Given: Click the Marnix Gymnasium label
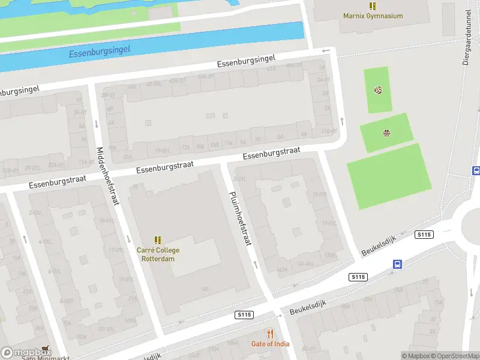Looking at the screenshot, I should tap(373, 16).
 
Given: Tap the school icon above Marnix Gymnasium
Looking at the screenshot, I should tap(373, 6).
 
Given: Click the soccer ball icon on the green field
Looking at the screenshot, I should tap(378, 91).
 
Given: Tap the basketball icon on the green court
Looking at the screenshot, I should tap(386, 133).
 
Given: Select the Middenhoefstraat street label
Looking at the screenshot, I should tap(107, 176).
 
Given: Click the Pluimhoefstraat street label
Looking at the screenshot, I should tap(240, 218).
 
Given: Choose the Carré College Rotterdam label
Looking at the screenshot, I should tap(158, 254).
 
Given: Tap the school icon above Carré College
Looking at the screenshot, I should tap(158, 240).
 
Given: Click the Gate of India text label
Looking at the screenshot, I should tap(270, 344).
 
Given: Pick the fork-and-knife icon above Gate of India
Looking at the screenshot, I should tap(270, 333).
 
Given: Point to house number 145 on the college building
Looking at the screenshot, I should tap(205, 289).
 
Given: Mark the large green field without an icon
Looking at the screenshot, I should tap(389, 176).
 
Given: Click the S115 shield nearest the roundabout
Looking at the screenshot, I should tap(424, 235).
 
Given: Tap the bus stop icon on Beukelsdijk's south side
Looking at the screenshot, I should tap(397, 264).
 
